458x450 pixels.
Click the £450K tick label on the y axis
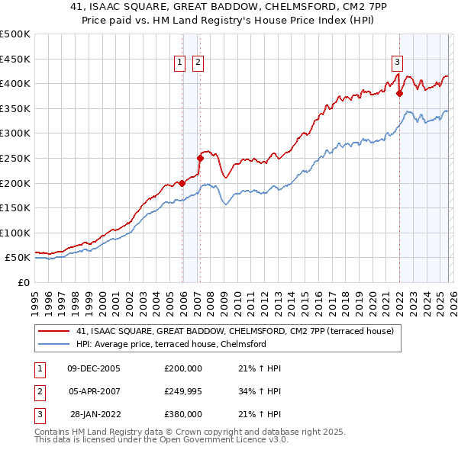click(15, 59)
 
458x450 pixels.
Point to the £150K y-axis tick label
click(15, 208)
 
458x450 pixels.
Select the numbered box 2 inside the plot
click(198, 63)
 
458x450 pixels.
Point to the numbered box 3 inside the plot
click(398, 63)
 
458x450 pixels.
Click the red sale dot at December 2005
click(182, 183)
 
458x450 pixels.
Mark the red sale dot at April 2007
click(200, 159)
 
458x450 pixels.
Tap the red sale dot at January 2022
click(399, 94)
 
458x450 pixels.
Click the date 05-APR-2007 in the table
click(93, 391)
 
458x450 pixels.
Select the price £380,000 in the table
click(183, 414)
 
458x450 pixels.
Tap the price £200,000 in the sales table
click(183, 368)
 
